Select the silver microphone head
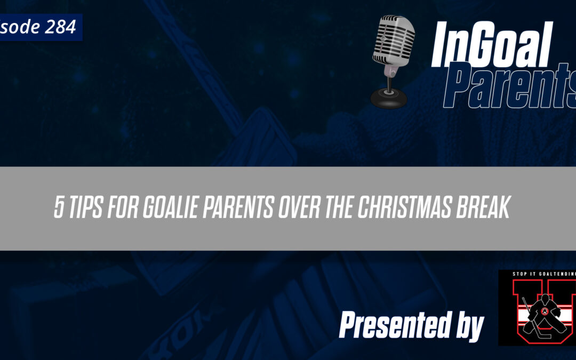[x=394, y=40]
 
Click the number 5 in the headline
[x=59, y=209]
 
